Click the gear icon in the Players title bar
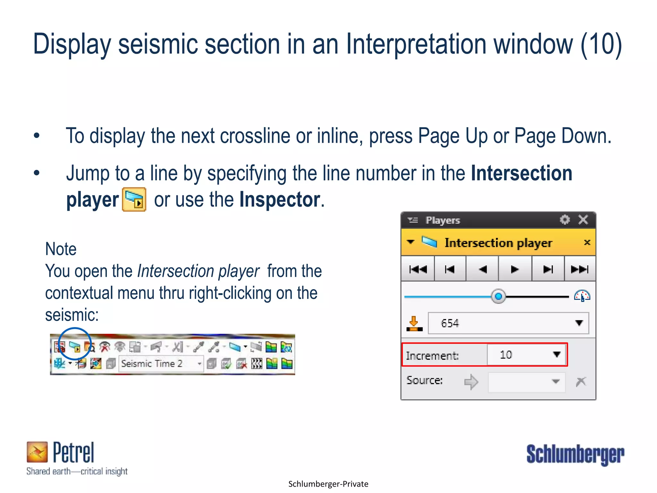pos(565,220)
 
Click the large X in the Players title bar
pos(583,220)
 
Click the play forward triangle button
pos(515,269)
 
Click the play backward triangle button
pos(482,269)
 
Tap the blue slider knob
pos(498,296)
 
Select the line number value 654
pos(450,323)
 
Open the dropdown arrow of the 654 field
pos(579,323)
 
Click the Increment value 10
pos(506,355)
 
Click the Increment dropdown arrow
pos(557,354)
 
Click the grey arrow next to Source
pos(471,382)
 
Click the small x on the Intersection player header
pos(587,242)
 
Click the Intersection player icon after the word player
pos(134,200)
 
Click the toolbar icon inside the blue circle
pos(75,347)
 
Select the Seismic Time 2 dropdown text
pos(152,364)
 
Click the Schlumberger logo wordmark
pos(575,454)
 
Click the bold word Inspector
pos(280,200)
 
